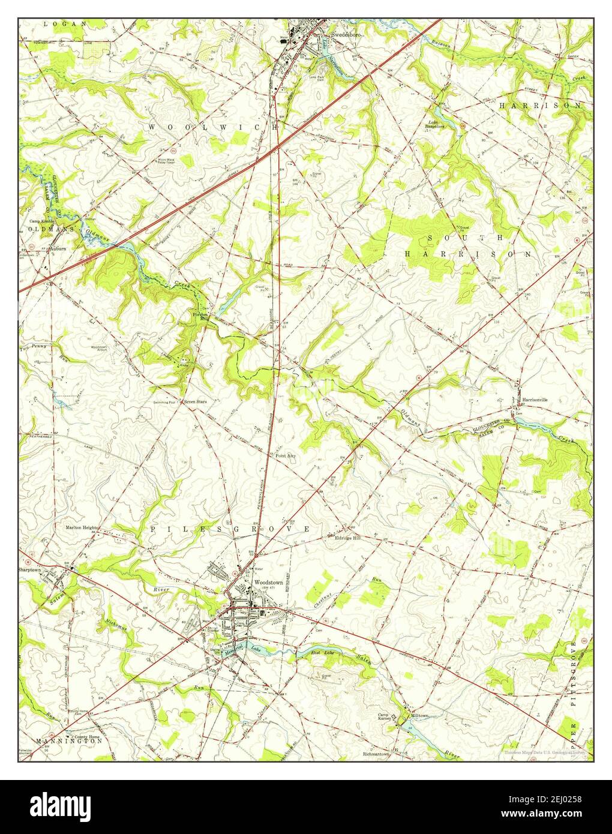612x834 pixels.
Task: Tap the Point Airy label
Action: [286, 456]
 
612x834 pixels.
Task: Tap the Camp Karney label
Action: [383, 718]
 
